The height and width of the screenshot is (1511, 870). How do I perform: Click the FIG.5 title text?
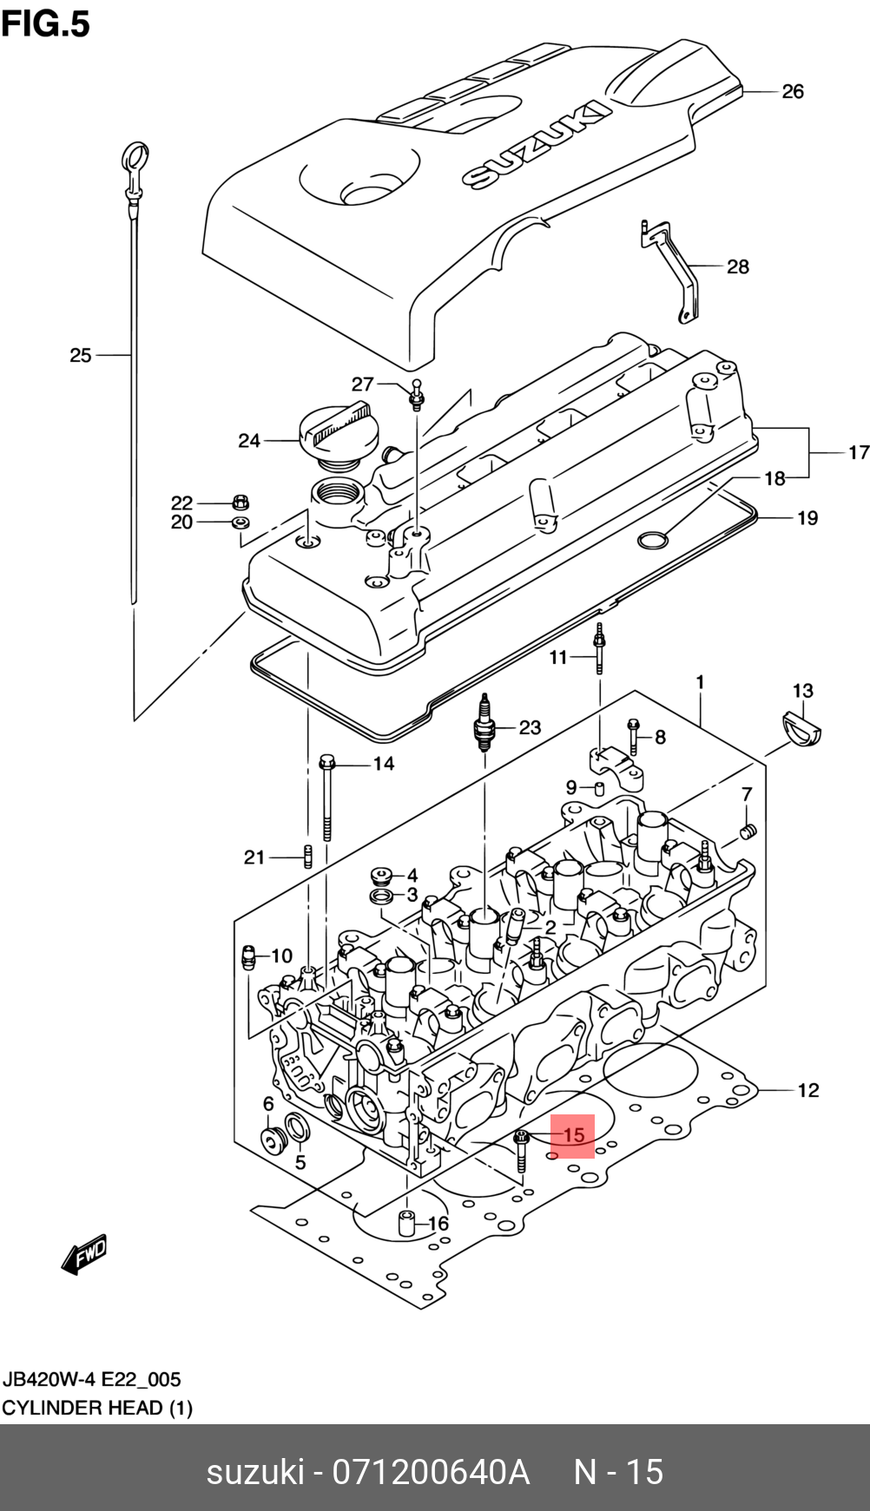[x=46, y=23]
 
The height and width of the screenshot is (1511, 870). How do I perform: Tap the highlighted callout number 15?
[x=573, y=1135]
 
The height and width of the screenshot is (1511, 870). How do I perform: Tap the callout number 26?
[x=792, y=91]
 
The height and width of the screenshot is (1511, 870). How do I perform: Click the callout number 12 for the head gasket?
[x=807, y=1090]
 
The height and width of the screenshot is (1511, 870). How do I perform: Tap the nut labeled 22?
[x=241, y=501]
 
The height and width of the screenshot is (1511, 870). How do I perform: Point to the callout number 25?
[x=81, y=355]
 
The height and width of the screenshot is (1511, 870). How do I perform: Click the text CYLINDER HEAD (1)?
[x=97, y=1408]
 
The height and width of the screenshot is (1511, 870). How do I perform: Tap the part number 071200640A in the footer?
[x=431, y=1472]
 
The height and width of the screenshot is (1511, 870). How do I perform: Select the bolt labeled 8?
[x=633, y=736]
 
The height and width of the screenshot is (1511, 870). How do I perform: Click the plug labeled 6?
[x=274, y=1140]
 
